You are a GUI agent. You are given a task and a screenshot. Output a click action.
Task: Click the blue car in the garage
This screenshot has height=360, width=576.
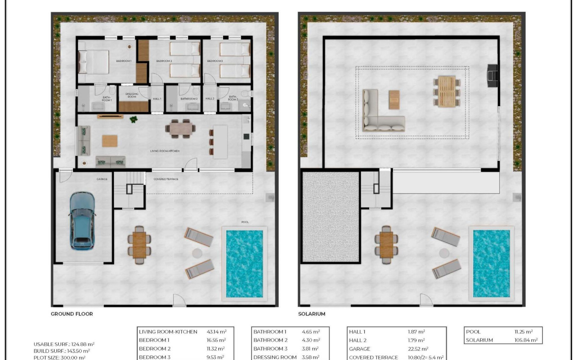(83, 221)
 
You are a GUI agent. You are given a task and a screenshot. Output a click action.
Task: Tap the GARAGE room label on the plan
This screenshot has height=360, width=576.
(102, 179)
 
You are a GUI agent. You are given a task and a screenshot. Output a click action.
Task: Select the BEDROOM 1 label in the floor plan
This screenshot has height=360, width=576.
(124, 61)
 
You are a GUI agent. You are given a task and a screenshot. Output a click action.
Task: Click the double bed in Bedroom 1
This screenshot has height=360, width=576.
(94, 62)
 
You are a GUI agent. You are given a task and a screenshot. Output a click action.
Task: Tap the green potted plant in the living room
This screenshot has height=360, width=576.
(134, 119)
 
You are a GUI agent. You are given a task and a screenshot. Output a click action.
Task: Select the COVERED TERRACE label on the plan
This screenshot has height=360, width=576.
(166, 179)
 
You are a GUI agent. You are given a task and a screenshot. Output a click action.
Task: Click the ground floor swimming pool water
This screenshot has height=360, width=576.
(244, 263)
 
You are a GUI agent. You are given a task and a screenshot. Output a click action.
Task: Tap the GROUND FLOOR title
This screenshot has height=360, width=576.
(72, 314)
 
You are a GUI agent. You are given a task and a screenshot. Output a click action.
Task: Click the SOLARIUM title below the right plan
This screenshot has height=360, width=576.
(312, 314)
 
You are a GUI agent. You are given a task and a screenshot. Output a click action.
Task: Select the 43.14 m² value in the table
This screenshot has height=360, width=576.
(216, 332)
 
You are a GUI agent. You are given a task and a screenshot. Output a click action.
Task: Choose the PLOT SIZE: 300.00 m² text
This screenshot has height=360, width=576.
(59, 357)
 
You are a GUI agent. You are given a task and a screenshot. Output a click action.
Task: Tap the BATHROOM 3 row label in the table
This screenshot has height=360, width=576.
(270, 349)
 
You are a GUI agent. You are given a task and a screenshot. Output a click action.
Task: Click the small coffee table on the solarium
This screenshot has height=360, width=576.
(394, 100)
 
